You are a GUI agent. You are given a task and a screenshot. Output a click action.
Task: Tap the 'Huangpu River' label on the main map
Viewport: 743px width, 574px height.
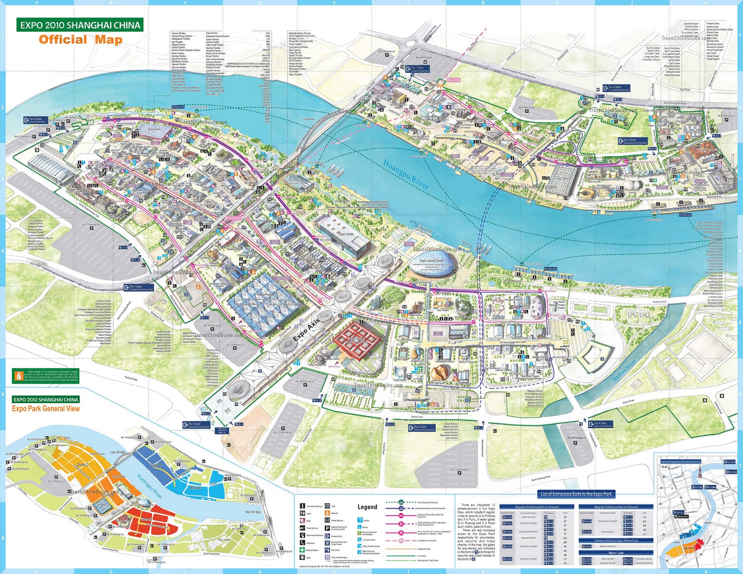click(405, 174)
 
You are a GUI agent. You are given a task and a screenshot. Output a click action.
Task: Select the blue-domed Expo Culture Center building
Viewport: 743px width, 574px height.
click(432, 262)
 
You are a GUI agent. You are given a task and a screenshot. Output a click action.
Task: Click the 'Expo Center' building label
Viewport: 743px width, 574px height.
click(346, 234)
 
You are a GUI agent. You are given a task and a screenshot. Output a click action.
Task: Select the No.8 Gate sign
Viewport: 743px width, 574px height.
click(35, 120)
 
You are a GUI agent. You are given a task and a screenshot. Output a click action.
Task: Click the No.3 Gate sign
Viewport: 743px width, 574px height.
click(630, 141)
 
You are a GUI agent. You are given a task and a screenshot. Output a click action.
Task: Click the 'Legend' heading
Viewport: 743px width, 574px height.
click(367, 507)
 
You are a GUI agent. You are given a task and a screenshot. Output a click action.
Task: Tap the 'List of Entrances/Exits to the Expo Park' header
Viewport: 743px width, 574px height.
click(576, 494)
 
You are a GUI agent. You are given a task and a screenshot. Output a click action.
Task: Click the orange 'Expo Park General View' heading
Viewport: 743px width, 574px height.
click(46, 409)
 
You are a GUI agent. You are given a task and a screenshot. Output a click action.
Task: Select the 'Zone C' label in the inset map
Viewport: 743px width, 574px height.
click(83, 464)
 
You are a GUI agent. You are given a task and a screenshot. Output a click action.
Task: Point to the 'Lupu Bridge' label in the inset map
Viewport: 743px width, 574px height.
click(117, 452)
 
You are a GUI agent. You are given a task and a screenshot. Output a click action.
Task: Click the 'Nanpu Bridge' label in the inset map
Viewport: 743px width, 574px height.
click(253, 512)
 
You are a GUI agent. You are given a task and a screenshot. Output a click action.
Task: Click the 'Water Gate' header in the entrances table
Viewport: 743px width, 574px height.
click(616, 553)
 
